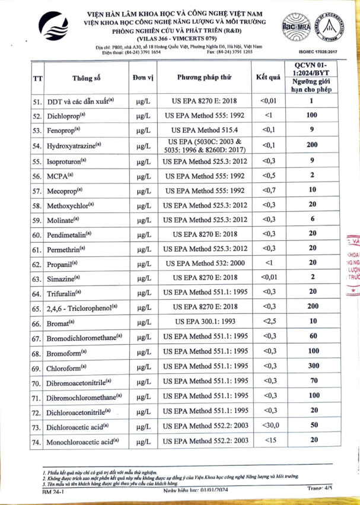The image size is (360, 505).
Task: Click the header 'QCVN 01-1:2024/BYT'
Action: (310, 68)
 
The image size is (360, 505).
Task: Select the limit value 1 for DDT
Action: (310, 101)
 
